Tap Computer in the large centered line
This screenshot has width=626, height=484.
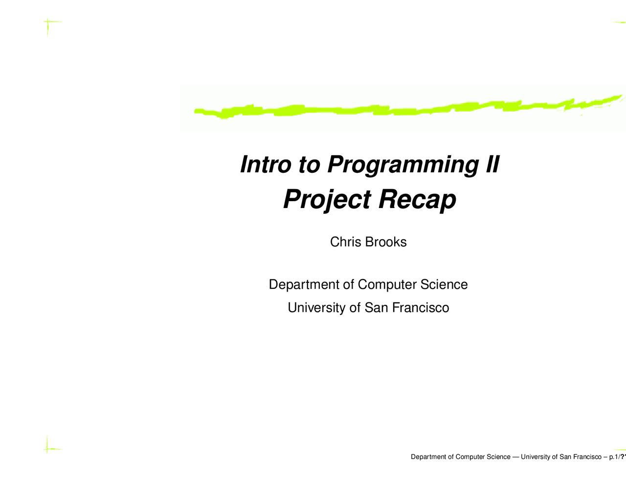387,285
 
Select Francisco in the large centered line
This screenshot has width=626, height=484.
421,308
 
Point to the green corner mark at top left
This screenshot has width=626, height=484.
49,24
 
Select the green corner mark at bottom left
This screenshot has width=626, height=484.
49,446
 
